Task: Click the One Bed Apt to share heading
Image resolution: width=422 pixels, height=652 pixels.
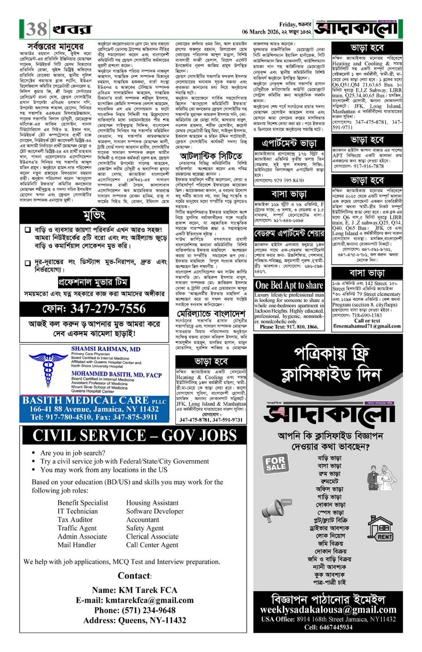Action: [x=289, y=286]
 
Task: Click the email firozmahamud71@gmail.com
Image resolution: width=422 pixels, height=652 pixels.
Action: [x=368, y=325]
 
